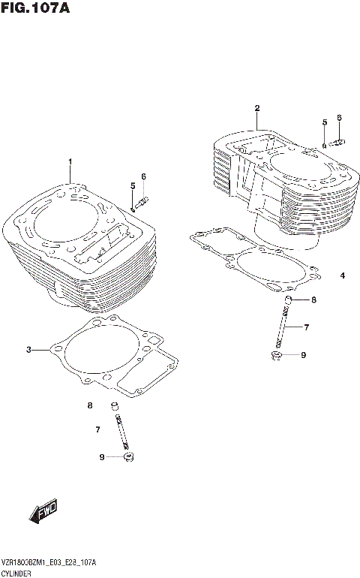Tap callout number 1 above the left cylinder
tap(70, 161)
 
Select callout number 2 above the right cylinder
tap(256, 108)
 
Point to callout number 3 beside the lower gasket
tap(28, 350)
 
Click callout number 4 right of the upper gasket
tap(342, 275)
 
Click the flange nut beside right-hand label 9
tap(277, 354)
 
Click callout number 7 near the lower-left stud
tap(97, 430)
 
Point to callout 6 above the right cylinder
tap(339, 118)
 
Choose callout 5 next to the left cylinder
tap(132, 185)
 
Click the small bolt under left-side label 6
tap(142, 200)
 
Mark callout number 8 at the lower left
tap(89, 406)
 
